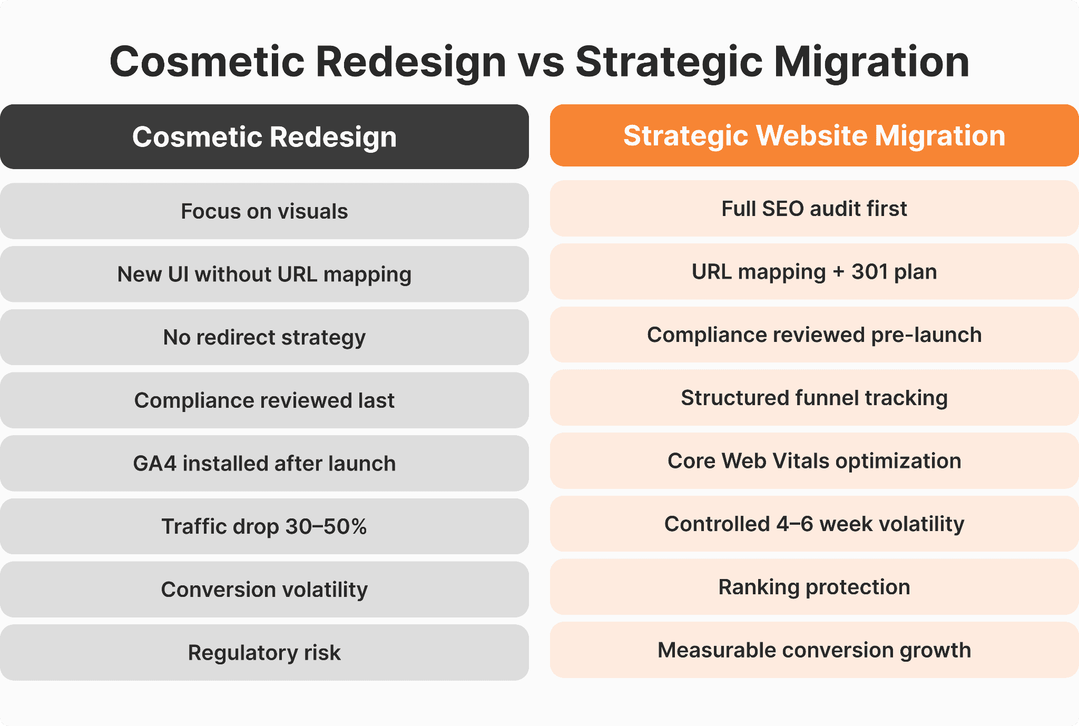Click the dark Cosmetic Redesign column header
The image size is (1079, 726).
pyautogui.click(x=264, y=137)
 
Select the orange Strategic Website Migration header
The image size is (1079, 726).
pyautogui.click(x=814, y=135)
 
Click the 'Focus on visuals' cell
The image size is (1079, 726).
pyautogui.click(x=264, y=211)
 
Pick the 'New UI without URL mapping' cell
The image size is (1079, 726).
pyautogui.click(x=264, y=274)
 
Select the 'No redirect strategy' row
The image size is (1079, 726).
pyautogui.click(x=264, y=337)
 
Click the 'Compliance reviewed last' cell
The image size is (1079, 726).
pyautogui.click(x=264, y=400)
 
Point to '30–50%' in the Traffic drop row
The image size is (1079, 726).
pyautogui.click(x=326, y=526)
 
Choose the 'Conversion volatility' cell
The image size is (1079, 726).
pyautogui.click(x=264, y=590)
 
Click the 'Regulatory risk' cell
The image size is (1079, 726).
pyautogui.click(x=264, y=653)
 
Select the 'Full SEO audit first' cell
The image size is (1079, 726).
pyautogui.click(x=814, y=209)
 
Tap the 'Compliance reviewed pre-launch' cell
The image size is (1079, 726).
pyautogui.click(x=814, y=335)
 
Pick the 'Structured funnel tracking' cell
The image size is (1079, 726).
pyautogui.click(x=814, y=398)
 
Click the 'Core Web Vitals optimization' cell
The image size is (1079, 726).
pyautogui.click(x=814, y=461)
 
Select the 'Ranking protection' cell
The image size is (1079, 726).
pyautogui.click(x=814, y=587)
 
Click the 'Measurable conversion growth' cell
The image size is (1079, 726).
pyautogui.click(x=814, y=650)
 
